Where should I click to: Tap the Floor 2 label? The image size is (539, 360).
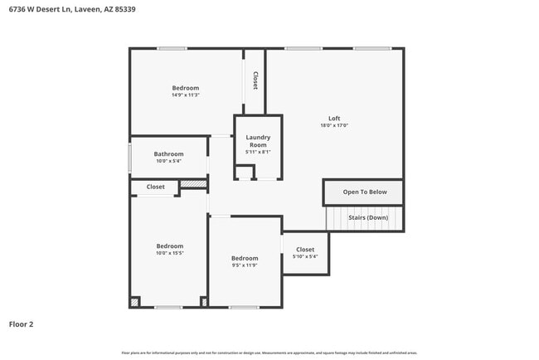pos(22,324)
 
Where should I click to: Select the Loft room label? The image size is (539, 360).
pos(334,119)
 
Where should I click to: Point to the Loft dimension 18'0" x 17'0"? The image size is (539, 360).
pos(334,126)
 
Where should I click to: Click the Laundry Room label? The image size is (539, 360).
pos(258,141)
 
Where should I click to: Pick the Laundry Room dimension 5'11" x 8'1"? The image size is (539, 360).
pos(258,152)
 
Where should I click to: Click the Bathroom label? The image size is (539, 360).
pos(168,153)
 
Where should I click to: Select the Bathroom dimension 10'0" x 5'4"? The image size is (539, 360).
pos(168,161)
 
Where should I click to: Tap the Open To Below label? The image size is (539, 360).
pos(365,192)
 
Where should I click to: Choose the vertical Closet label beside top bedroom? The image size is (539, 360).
pos(255,80)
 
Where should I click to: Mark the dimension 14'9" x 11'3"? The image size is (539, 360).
pos(185,95)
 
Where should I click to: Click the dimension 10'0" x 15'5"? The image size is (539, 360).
pos(169,253)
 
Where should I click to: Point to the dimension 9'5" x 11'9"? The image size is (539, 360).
pos(245,265)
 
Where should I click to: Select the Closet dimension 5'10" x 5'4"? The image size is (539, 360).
pos(305,256)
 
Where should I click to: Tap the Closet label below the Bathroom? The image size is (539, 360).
pos(156,187)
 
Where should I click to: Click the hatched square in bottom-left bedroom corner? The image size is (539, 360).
pos(134,302)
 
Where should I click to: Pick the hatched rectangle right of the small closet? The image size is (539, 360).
pos(193,184)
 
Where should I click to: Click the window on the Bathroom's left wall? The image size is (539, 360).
pos(129,158)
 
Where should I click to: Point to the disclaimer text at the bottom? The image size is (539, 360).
pos(269,353)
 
